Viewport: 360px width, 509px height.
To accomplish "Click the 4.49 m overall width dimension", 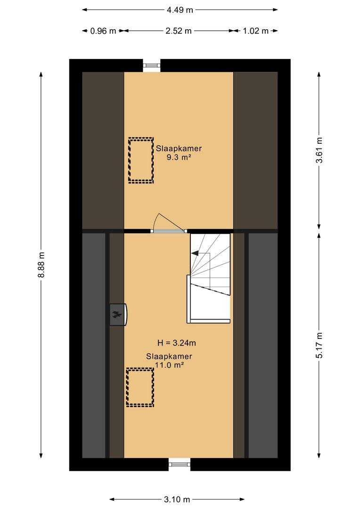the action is [x=180, y=10].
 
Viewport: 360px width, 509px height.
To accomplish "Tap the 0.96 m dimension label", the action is [x=103, y=31].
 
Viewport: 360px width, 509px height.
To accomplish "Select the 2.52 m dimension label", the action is [x=179, y=31].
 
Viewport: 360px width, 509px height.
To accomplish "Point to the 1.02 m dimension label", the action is [x=256, y=31].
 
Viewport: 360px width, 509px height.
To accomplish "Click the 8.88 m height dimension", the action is [x=41, y=264].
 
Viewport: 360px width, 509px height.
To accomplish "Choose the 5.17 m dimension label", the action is [x=319, y=345].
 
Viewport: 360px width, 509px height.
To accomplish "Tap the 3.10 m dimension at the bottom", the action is [x=177, y=499].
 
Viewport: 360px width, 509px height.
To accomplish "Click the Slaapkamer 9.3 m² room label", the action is [x=179, y=153].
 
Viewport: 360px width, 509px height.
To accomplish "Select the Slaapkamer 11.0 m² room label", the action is [x=169, y=361].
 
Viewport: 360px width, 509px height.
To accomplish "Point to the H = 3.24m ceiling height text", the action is [x=177, y=343].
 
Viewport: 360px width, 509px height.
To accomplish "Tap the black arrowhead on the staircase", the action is [x=195, y=253].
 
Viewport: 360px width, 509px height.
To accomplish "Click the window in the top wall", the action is [x=152, y=65].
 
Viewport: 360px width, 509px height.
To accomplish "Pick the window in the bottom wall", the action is [x=180, y=464].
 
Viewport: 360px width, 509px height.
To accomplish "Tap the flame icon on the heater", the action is [x=117, y=314].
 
